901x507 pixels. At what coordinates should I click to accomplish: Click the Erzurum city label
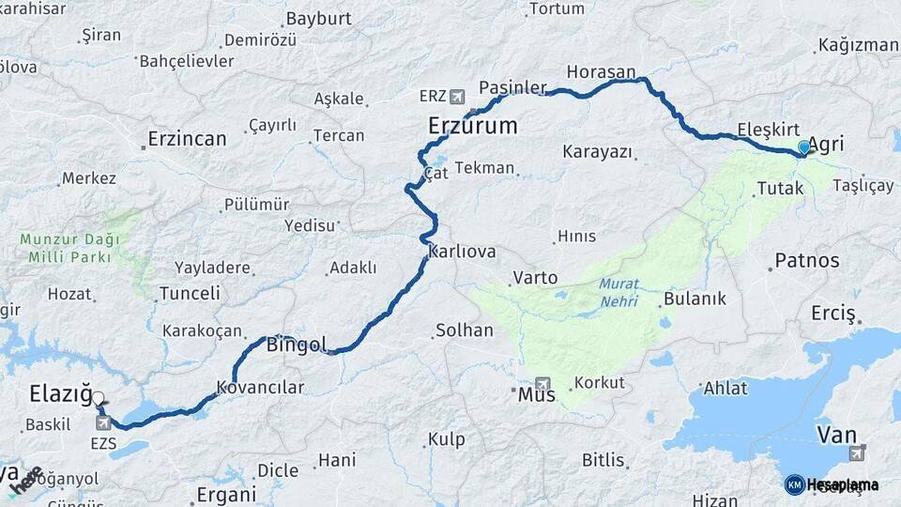[472, 125]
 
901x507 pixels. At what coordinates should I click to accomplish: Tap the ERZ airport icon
[457, 96]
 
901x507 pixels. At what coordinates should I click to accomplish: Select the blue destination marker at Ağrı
[803, 147]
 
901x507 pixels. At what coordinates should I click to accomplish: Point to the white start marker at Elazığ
[99, 399]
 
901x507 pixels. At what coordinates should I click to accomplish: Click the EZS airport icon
[102, 423]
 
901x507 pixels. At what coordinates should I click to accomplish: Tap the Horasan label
[601, 71]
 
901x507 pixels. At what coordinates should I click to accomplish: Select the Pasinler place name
[512, 87]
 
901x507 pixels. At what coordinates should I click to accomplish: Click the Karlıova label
[461, 252]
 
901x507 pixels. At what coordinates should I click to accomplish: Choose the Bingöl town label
[297, 344]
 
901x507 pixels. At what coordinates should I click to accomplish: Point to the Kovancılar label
[261, 387]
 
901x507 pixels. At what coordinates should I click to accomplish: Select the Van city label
[837, 434]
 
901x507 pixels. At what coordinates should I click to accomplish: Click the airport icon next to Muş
[542, 384]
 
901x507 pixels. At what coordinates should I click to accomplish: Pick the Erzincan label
[187, 139]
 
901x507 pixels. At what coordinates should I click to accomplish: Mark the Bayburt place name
[318, 19]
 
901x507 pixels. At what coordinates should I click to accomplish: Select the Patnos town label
[806, 260]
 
